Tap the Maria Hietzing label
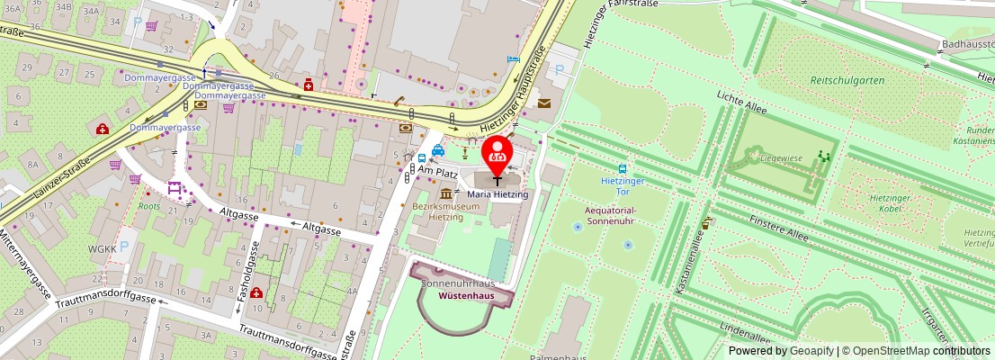497,193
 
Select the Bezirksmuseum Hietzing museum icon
446,194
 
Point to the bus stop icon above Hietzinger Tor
622,168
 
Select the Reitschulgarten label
847,80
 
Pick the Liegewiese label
756,157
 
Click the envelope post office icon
544,103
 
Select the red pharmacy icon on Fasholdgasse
257,292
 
